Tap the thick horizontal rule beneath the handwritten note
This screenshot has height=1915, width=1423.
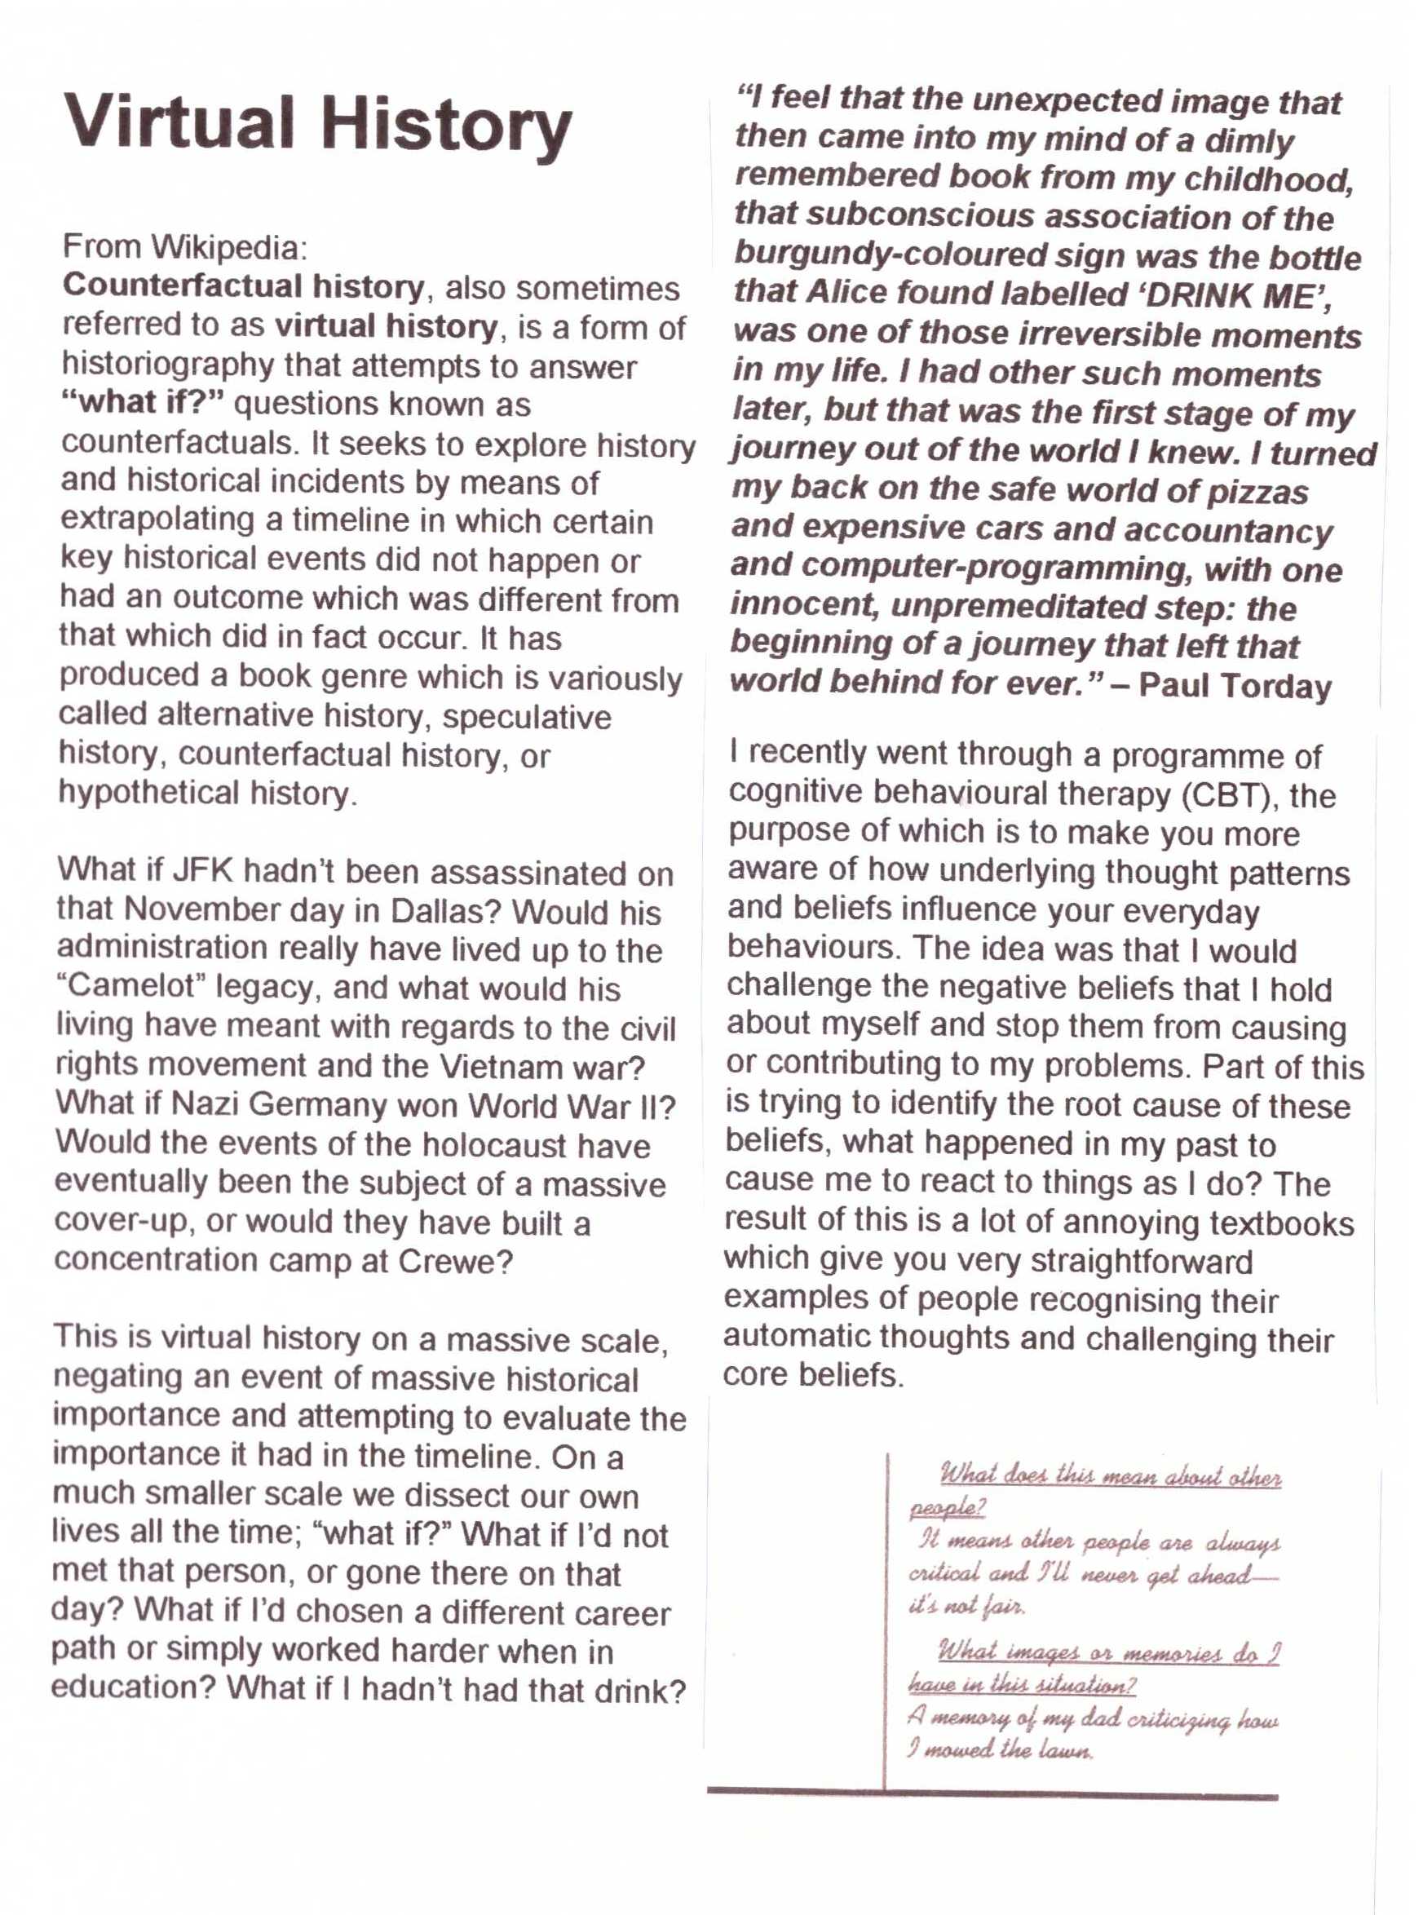coord(992,1794)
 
